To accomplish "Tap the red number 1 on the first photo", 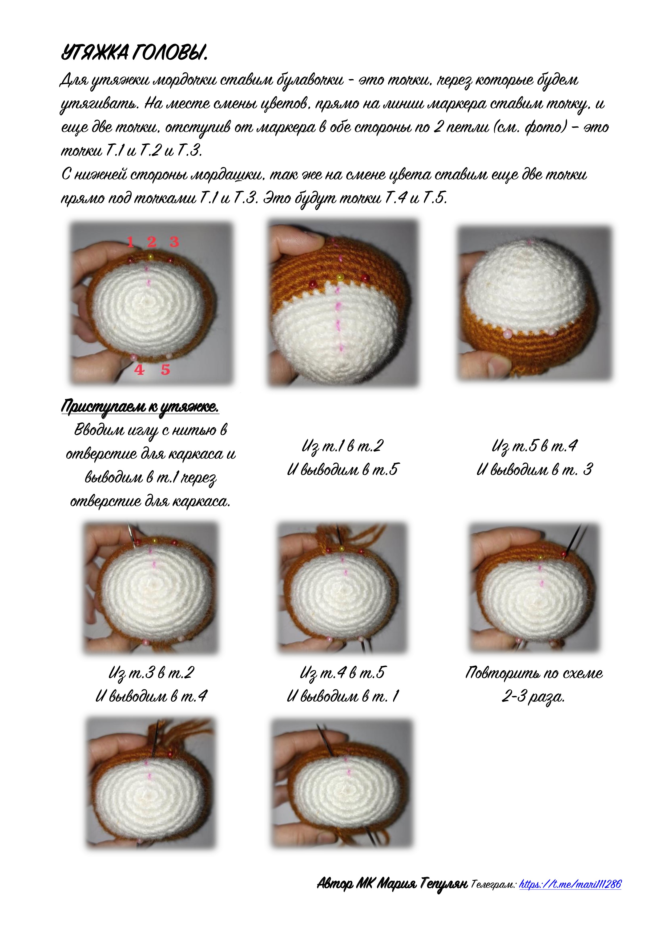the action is (130, 242).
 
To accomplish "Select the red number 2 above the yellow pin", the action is (152, 242).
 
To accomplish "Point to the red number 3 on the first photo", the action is (174, 242).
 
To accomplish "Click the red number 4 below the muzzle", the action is (139, 370).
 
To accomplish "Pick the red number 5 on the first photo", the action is (165, 370).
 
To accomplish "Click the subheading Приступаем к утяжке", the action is (140, 406).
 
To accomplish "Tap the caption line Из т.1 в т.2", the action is (342, 446).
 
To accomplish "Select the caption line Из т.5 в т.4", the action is (534, 446).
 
